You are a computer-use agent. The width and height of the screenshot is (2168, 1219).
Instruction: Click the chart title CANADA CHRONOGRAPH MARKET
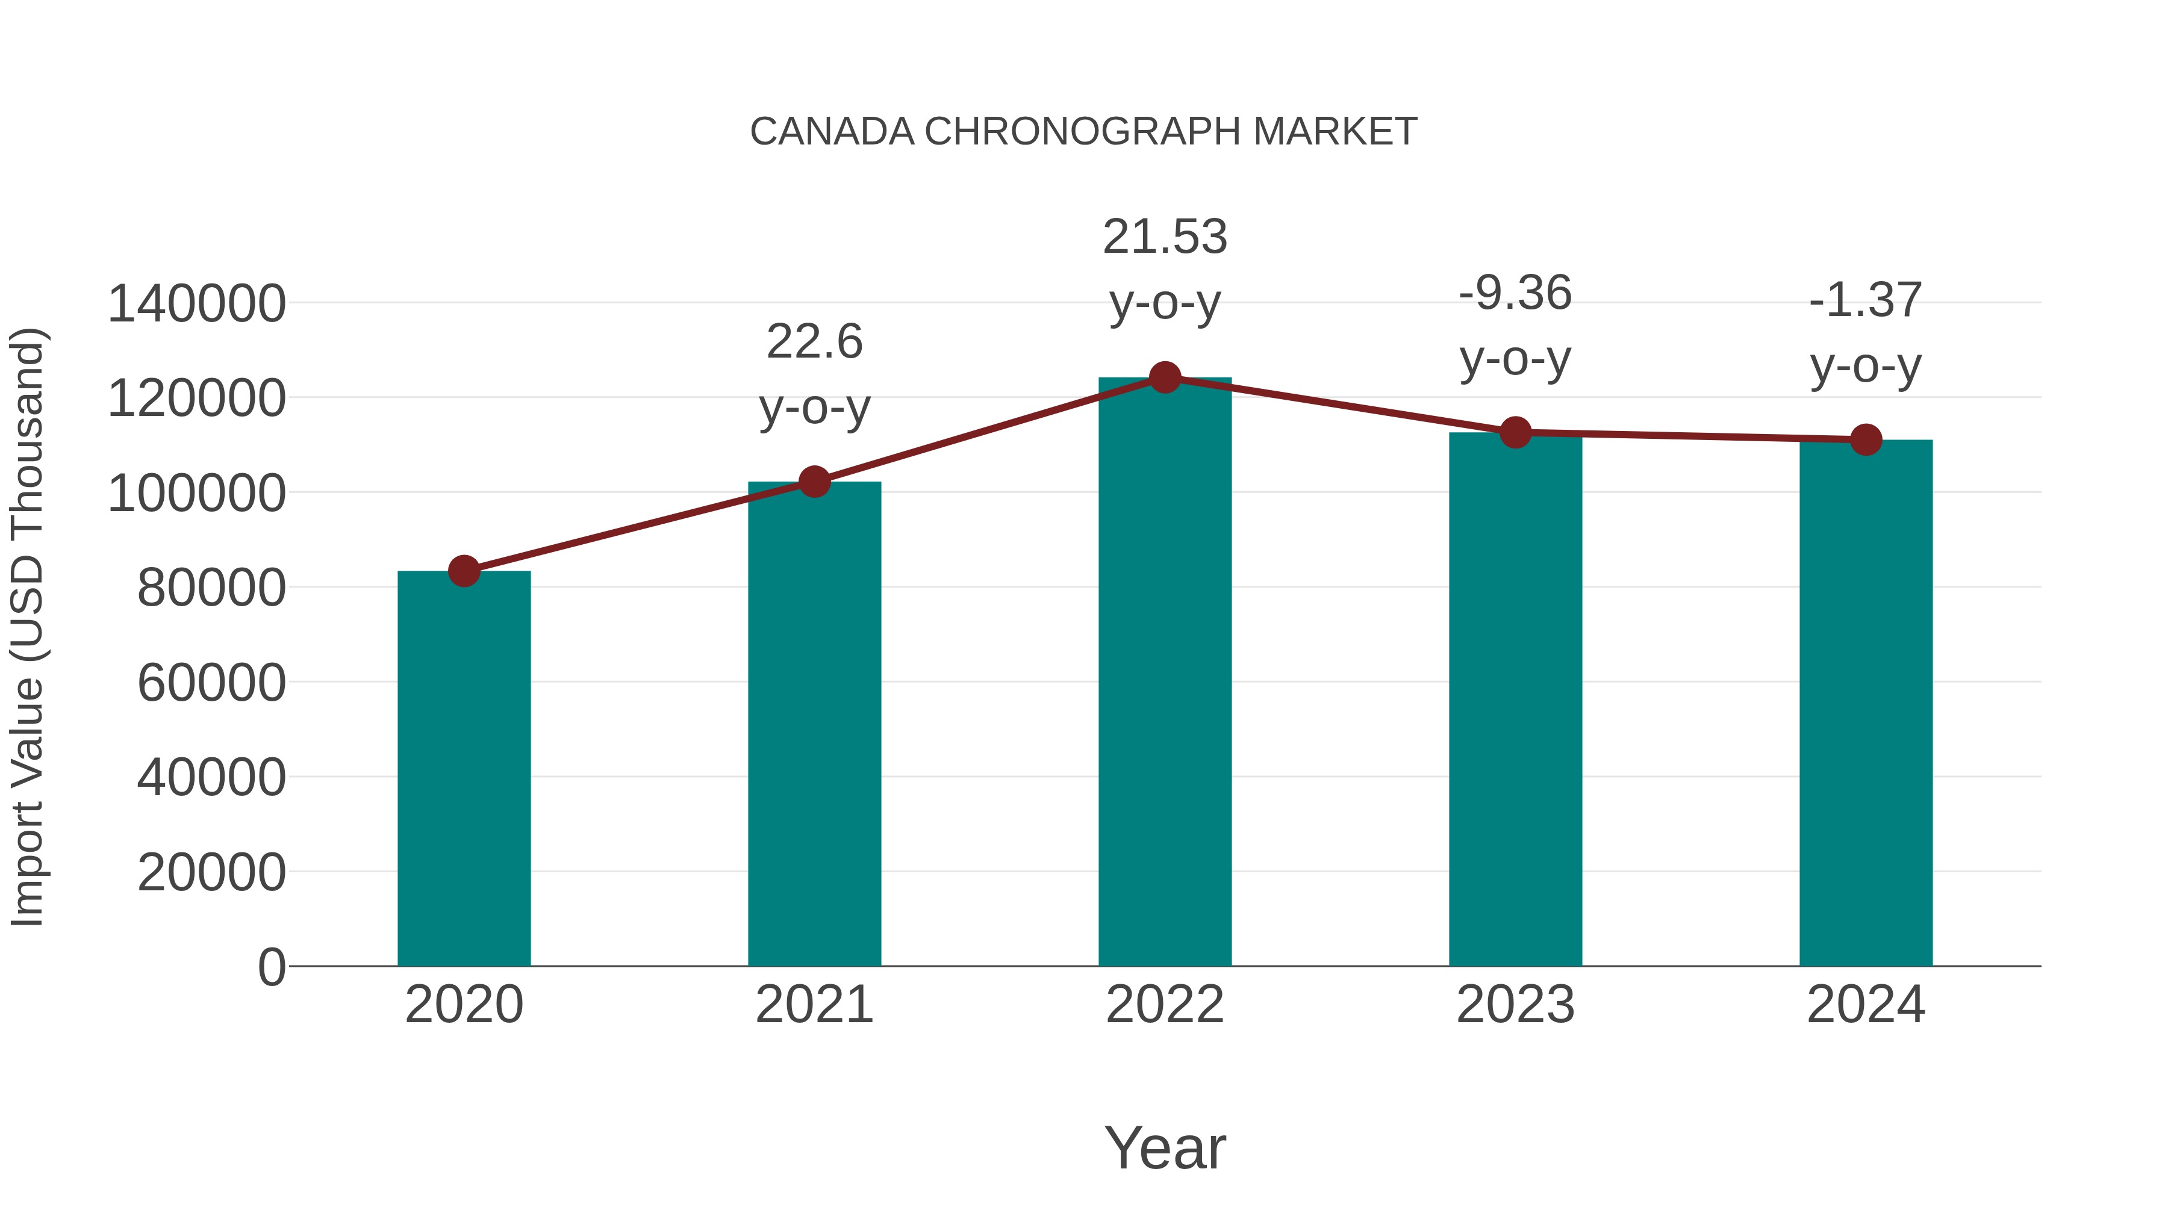click(1083, 132)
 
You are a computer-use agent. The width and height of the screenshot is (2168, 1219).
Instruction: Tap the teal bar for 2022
click(1165, 673)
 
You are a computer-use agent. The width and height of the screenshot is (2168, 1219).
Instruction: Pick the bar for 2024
click(1866, 703)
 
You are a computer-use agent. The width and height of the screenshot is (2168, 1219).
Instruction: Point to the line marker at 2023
click(1515, 432)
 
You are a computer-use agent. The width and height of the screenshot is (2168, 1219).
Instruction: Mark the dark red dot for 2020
click(464, 571)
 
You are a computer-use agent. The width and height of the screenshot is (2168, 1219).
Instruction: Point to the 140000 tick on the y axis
click(196, 304)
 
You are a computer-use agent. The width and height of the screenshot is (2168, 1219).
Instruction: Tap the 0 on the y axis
click(271, 967)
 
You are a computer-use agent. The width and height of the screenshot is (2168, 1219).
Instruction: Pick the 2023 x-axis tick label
click(1515, 1005)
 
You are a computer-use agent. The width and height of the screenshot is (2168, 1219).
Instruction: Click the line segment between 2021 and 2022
click(989, 430)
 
